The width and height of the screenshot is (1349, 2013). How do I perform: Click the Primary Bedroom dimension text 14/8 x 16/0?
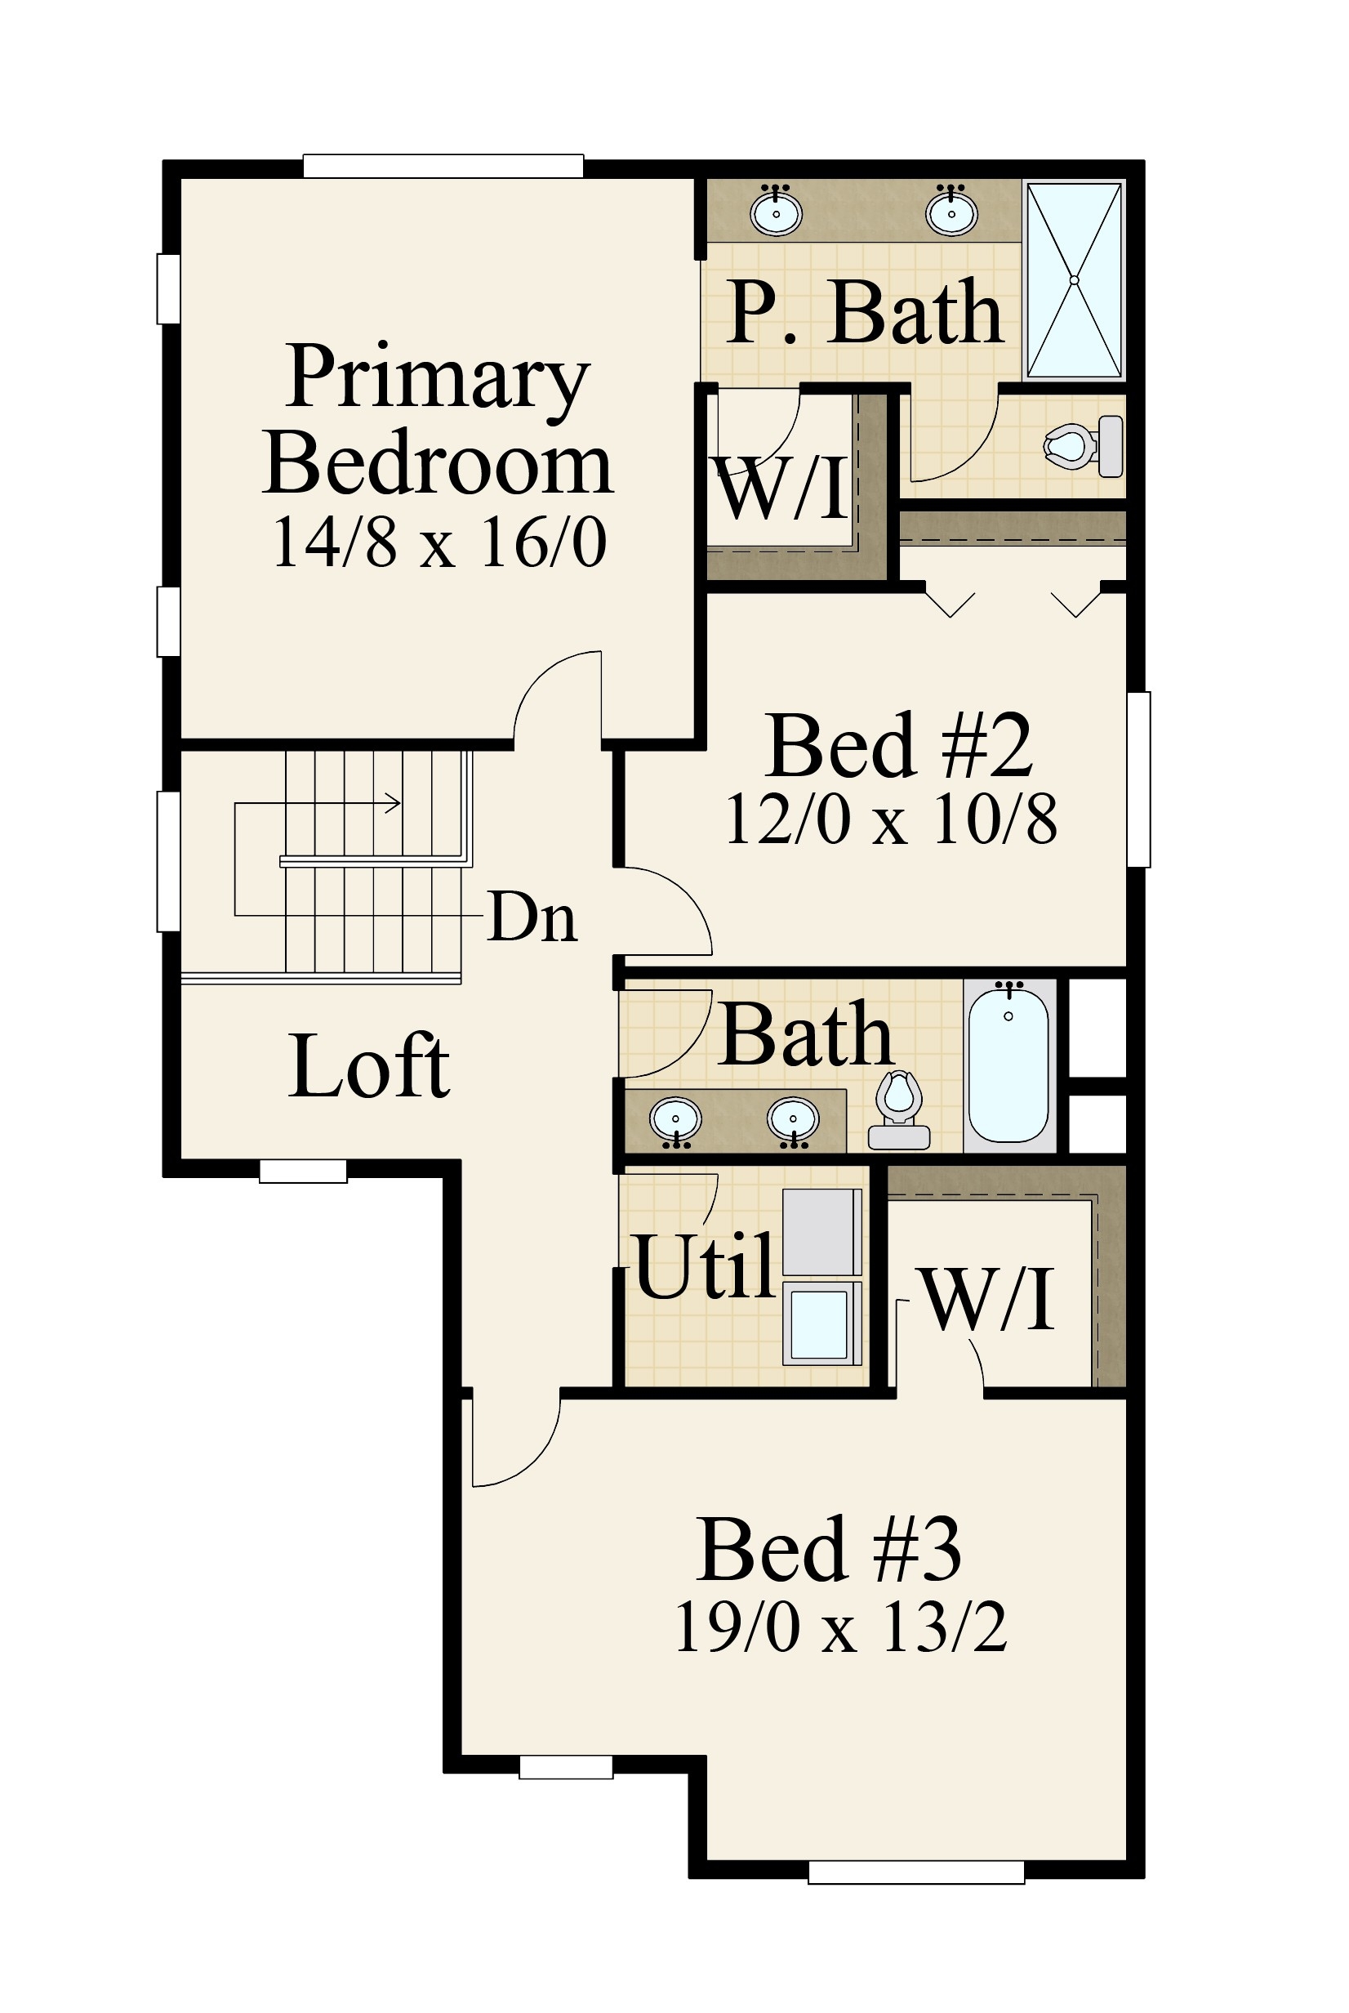point(439,542)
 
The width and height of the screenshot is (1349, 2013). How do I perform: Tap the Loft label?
point(369,1066)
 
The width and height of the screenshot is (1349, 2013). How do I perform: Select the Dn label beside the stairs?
point(532,917)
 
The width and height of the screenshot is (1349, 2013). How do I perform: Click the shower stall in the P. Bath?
point(1074,279)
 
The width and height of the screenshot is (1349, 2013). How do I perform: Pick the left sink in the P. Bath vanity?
point(776,212)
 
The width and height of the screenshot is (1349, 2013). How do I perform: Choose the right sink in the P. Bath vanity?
point(951,212)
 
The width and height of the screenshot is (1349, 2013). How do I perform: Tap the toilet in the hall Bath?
point(899,1110)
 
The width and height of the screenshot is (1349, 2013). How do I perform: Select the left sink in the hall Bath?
point(676,1118)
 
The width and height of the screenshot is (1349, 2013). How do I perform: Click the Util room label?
point(705,1266)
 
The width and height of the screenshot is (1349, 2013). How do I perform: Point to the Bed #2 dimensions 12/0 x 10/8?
point(892,820)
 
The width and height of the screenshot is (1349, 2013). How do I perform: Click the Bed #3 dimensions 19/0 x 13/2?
point(840,1627)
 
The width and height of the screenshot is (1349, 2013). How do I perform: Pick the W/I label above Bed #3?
point(988,1300)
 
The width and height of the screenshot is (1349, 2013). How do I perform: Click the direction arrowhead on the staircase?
point(394,804)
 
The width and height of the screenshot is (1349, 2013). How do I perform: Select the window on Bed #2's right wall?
point(1138,779)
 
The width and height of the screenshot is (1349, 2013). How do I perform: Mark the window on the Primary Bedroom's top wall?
point(443,165)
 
